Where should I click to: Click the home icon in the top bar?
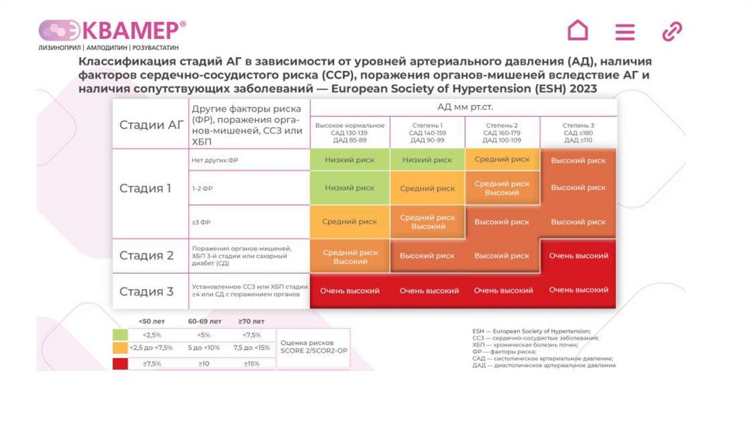coord(578,31)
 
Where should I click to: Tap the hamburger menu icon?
coord(625,32)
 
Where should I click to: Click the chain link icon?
coord(672,32)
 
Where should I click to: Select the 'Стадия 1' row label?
coord(145,188)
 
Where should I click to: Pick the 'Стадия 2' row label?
coord(146,256)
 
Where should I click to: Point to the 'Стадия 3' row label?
coord(146,291)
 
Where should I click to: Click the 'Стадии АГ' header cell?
coord(151,125)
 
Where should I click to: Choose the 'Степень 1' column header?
coord(427,130)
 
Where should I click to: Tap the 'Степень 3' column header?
coord(578,130)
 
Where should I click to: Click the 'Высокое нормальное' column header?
coord(350,130)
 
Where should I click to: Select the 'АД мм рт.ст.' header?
coord(463,106)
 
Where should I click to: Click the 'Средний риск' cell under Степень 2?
coord(502,159)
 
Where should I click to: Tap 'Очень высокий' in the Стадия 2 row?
coord(578,256)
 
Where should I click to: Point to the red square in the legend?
coord(119,362)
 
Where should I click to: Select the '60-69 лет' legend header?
coord(204,321)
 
